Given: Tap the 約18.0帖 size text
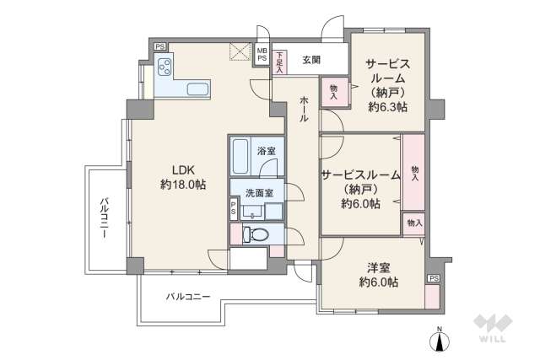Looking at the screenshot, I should [183, 184].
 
